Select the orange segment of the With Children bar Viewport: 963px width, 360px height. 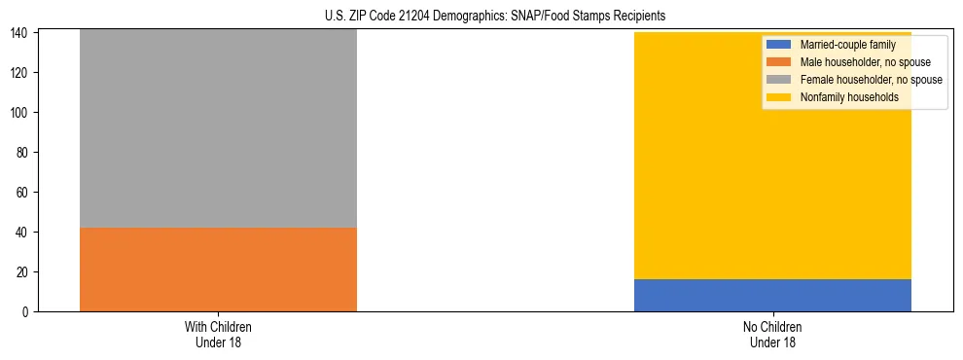coord(218,270)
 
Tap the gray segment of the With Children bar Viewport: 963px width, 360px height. coord(218,128)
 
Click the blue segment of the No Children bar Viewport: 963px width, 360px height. coord(772,295)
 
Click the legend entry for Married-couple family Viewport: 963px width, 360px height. coord(846,45)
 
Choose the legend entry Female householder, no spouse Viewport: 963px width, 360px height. coord(870,80)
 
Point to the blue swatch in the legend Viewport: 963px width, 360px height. coord(779,45)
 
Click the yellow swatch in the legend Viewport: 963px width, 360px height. coord(779,97)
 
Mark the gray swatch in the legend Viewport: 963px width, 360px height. coord(779,80)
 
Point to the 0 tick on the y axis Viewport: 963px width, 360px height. coord(27,311)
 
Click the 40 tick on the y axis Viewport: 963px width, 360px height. coord(24,233)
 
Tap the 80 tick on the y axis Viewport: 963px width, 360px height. coord(24,153)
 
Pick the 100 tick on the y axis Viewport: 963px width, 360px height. coord(21,113)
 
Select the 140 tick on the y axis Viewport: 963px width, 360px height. coord(21,33)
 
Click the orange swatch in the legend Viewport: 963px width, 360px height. coord(779,62)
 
